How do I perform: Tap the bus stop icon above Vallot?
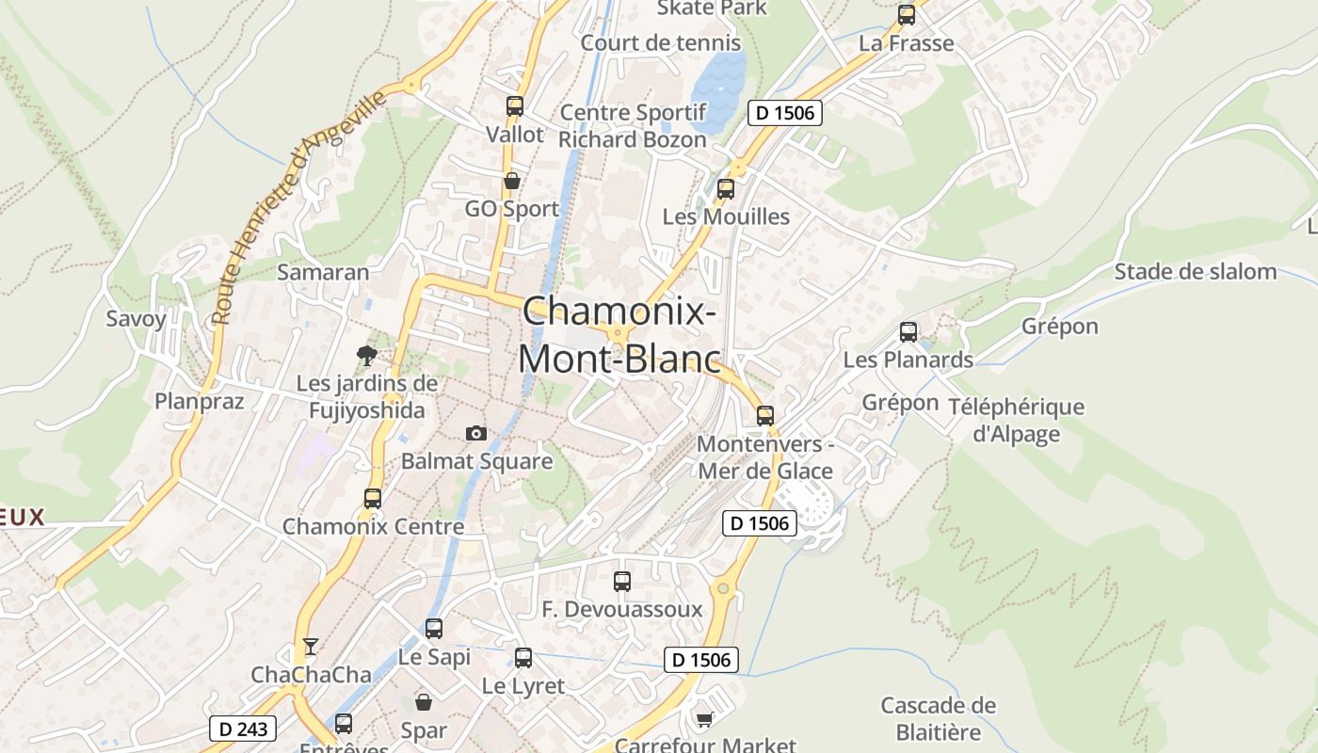coord(514,106)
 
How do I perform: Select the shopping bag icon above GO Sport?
coord(512,181)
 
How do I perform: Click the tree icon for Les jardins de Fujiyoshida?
coord(367,355)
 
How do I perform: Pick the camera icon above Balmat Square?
coord(476,433)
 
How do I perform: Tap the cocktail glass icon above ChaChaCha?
coord(311,647)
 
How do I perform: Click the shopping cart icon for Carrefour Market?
coord(704,720)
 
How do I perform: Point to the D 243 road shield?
coord(244,729)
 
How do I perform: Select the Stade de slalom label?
coord(1196,272)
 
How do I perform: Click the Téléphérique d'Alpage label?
coord(1016,420)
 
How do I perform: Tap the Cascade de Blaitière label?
coord(938,718)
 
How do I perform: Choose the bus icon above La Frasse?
coord(907,15)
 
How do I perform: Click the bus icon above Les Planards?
coord(908,332)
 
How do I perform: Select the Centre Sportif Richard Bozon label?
coord(633,126)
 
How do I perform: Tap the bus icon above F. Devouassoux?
coord(622,582)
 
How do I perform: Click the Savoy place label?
coord(136,318)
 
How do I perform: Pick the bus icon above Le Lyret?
coord(523,658)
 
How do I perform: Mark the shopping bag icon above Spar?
coord(424,702)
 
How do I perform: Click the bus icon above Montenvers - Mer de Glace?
coord(765,415)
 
